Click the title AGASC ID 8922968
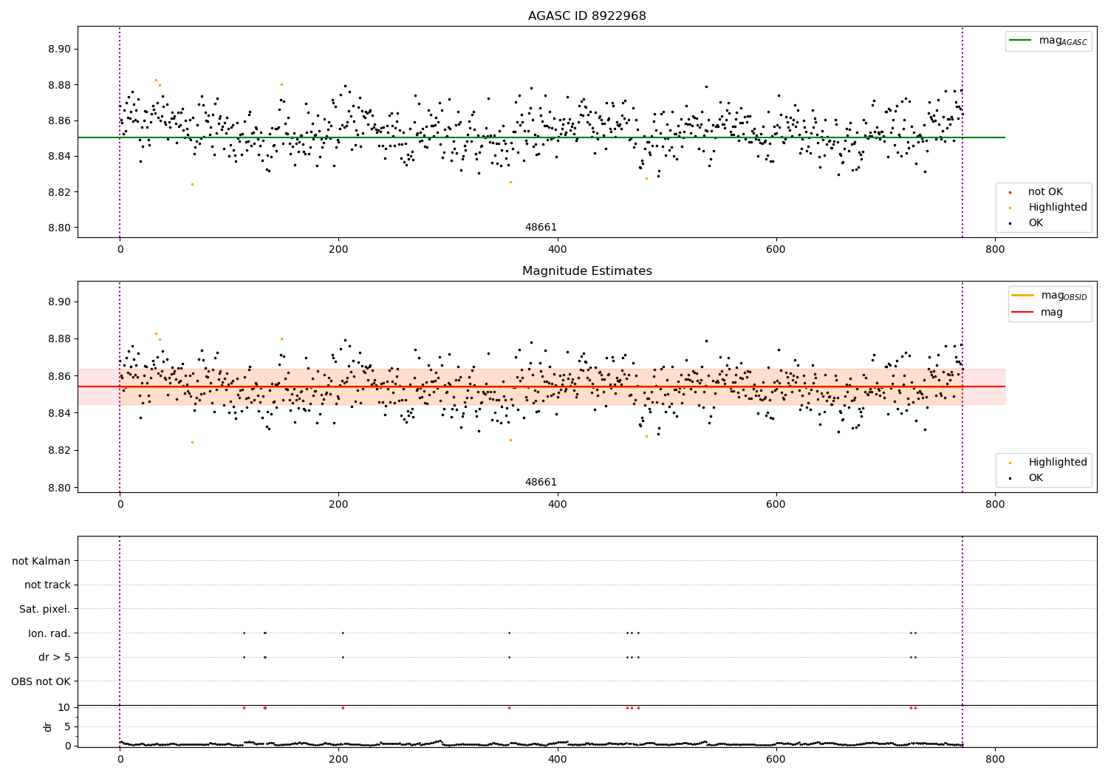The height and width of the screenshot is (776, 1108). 587,16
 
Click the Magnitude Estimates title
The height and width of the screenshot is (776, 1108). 587,271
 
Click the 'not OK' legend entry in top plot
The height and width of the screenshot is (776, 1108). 1045,191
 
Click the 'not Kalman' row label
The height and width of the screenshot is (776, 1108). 41,561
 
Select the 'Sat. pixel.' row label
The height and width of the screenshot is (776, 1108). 44,609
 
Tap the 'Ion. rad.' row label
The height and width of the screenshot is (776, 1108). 49,633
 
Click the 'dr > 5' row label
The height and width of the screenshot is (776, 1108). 54,657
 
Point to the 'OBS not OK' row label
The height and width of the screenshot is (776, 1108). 41,681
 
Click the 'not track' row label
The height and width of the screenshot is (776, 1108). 47,585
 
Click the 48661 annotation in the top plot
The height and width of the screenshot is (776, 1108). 541,227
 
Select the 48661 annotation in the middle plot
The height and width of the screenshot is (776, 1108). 541,482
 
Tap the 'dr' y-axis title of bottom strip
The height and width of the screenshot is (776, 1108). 48,726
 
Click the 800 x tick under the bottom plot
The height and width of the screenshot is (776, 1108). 995,759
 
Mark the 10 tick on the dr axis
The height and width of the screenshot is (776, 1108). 64,707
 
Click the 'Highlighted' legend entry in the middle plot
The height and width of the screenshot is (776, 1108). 1057,462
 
